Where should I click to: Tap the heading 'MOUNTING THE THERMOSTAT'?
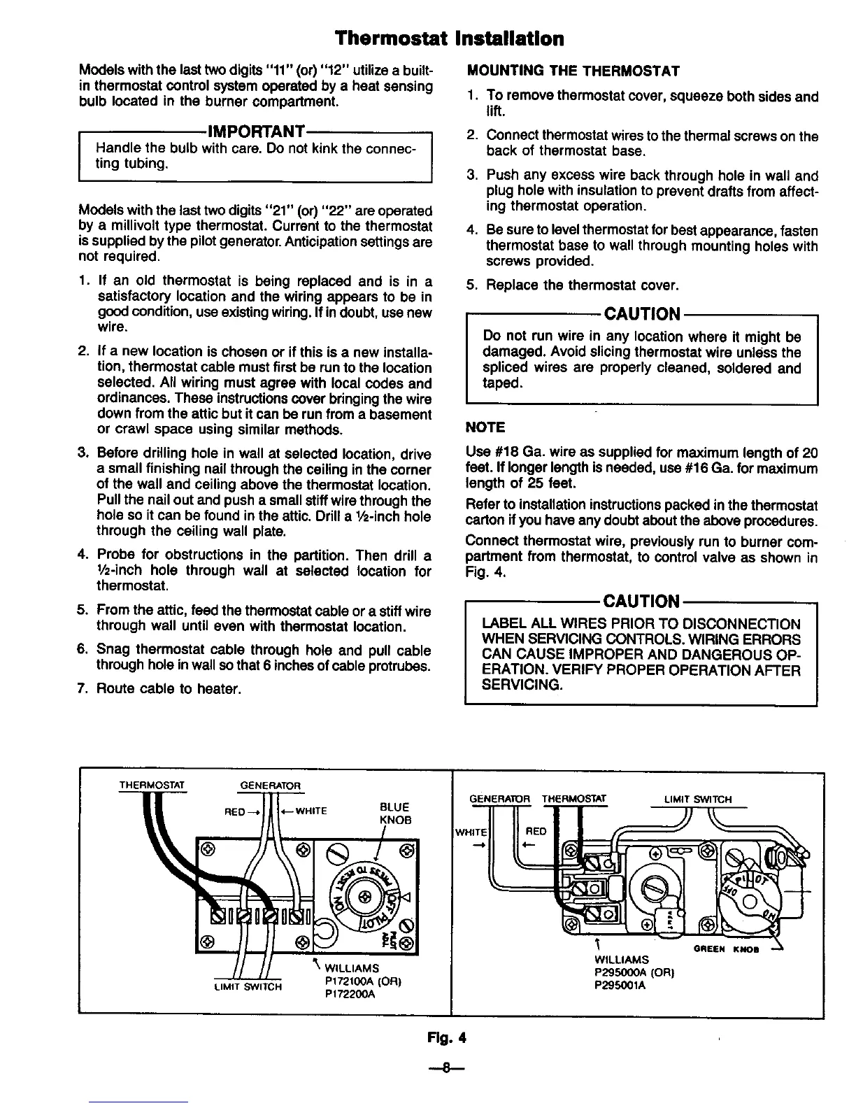coord(573,71)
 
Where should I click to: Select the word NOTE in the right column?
coord(485,427)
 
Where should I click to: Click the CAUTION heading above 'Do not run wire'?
coord(641,313)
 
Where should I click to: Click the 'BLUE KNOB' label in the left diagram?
coord(394,813)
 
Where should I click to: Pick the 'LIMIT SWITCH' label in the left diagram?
coord(248,987)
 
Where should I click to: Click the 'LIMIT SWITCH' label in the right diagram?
coord(698,799)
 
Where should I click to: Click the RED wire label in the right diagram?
coord(536,832)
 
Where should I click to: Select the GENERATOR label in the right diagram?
coord(499,799)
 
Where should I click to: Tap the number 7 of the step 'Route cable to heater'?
coord(83,689)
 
